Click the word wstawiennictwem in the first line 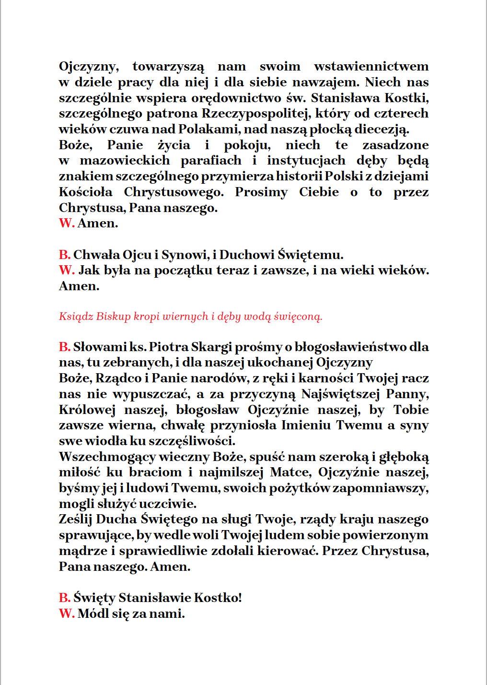point(371,66)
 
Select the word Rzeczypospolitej point(256,114)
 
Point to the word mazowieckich point(125,161)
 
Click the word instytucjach point(306,161)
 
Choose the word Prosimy point(261,192)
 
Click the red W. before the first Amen point(67,224)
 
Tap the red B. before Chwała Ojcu point(65,255)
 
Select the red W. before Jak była point(67,271)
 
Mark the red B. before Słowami point(65,347)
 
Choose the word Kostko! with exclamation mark point(220,598)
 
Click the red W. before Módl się point(67,614)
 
